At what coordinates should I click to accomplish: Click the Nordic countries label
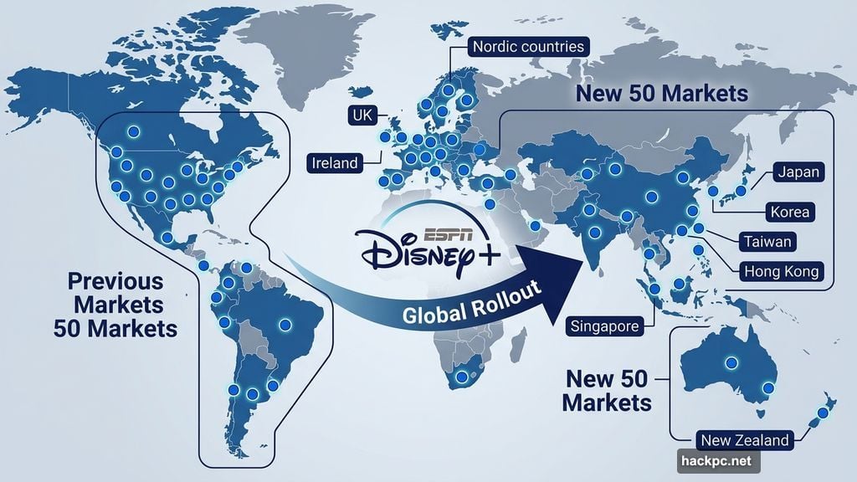point(529,47)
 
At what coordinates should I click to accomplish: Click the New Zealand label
point(743,440)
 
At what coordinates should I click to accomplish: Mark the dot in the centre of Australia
point(732,362)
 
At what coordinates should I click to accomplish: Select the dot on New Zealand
point(823,412)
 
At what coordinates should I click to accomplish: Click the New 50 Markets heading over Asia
point(661,93)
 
